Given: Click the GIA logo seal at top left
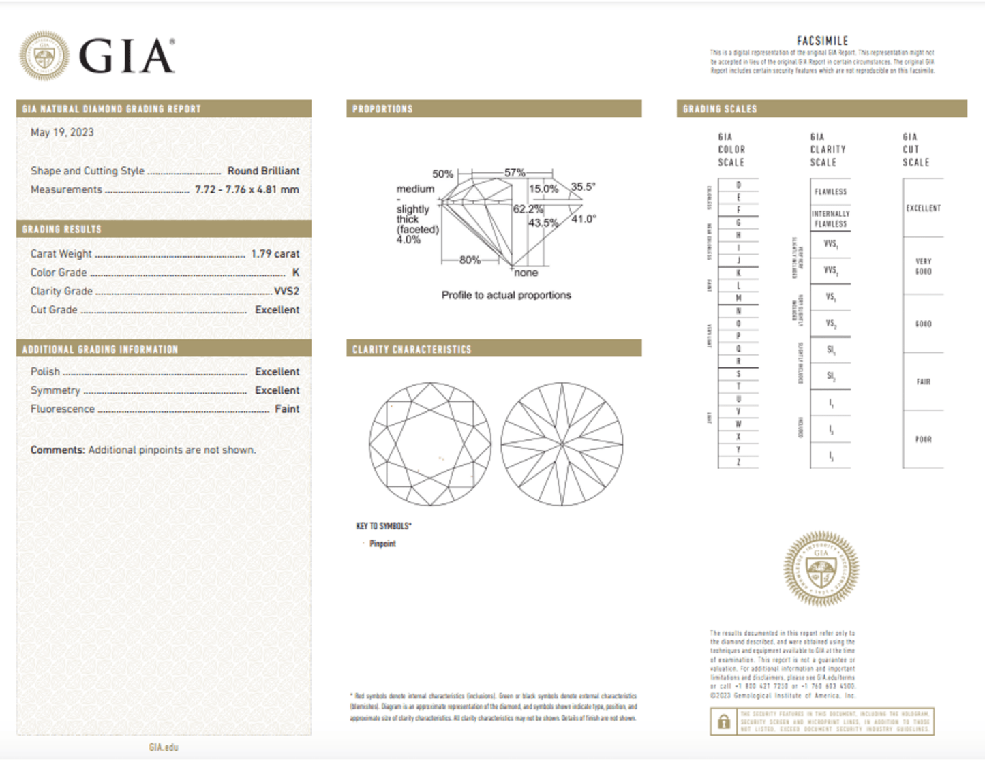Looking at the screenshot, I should click(x=44, y=55).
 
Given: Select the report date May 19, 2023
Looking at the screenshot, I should click(x=62, y=132).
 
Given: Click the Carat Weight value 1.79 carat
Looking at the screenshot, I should click(x=275, y=253).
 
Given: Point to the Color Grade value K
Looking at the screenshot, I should click(x=296, y=272).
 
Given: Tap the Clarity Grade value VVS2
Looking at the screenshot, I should click(x=286, y=291).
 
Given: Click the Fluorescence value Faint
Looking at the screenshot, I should click(x=287, y=409).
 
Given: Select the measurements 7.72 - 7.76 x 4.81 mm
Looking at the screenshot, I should click(x=247, y=189).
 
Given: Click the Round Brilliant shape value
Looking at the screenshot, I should click(x=263, y=171).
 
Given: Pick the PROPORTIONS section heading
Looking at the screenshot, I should click(x=382, y=109).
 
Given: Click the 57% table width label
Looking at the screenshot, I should click(x=515, y=173).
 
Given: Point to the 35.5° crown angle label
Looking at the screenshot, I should click(x=583, y=187).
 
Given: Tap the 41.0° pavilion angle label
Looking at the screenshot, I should click(x=584, y=219).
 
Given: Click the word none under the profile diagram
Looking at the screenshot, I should click(x=526, y=273).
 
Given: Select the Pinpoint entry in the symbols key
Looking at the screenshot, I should click(x=382, y=544).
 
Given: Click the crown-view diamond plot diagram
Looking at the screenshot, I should click(x=430, y=444).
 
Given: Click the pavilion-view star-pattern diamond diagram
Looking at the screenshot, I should click(x=562, y=444).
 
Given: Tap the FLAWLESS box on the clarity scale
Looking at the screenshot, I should click(x=830, y=192).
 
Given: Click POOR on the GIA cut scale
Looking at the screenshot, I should click(x=923, y=439).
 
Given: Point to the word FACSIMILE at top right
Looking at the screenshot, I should click(x=822, y=41).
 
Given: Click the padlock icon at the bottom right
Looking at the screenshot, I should click(x=724, y=722).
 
